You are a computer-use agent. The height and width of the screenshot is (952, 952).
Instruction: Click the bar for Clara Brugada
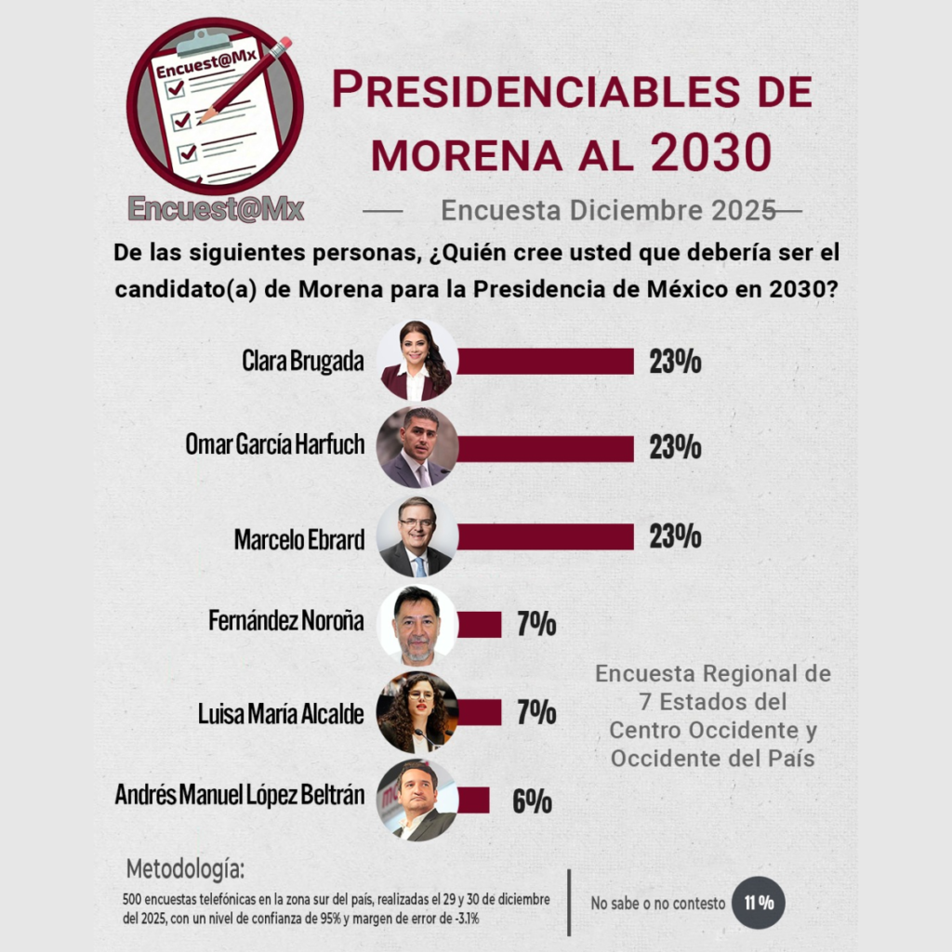click(545, 361)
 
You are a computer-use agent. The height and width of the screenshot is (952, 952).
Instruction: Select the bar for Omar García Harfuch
click(545, 448)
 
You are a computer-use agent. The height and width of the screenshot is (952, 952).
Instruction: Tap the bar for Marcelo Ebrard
click(545, 536)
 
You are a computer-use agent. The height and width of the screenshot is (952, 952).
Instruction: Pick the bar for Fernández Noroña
click(480, 625)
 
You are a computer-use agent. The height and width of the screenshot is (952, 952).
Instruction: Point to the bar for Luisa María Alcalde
click(480, 712)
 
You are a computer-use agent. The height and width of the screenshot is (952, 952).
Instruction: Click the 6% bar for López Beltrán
click(473, 800)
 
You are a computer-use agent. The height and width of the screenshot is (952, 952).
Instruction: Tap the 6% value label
click(533, 801)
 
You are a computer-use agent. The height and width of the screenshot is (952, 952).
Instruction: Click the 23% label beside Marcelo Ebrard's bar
click(675, 536)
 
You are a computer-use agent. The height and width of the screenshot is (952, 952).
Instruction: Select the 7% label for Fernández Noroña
click(536, 625)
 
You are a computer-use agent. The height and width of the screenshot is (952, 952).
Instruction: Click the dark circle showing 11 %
click(759, 902)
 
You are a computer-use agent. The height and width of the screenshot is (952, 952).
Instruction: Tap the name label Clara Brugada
click(303, 362)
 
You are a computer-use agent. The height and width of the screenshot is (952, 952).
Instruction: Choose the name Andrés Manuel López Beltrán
click(240, 796)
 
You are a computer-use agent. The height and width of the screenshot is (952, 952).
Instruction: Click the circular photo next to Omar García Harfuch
click(417, 448)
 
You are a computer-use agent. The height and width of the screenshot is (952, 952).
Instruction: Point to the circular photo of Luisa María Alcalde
click(417, 712)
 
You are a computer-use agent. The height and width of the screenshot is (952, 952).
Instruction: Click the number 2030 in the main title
click(710, 152)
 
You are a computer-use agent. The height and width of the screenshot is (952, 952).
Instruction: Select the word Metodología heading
click(186, 870)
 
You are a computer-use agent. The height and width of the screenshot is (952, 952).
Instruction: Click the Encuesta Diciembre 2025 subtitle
click(608, 210)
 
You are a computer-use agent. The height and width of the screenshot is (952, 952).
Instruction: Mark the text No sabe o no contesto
click(654, 903)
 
